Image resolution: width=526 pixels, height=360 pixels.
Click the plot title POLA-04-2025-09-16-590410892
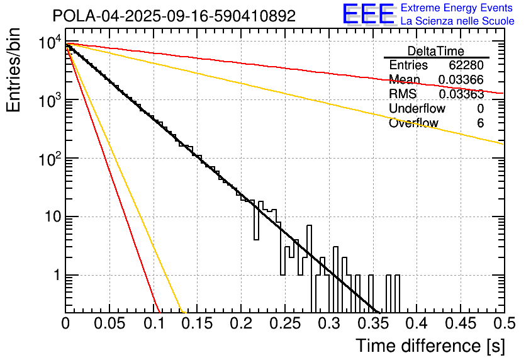(174, 16)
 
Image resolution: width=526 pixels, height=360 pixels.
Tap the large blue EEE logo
(368, 15)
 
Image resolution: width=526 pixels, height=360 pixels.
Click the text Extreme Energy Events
(457, 8)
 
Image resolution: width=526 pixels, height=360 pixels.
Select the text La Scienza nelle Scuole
(457, 21)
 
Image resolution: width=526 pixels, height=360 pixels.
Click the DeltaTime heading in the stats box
(436, 51)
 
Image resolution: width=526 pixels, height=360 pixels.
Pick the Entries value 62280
(466, 65)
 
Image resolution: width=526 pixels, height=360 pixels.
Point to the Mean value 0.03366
(461, 80)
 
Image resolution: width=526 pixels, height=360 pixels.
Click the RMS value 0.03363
(461, 94)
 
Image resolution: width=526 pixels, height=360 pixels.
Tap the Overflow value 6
(480, 123)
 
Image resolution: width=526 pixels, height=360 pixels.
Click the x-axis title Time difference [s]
(430, 346)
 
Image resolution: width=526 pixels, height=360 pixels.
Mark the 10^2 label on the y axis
(48, 160)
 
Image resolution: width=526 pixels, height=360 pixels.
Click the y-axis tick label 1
(56, 276)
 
